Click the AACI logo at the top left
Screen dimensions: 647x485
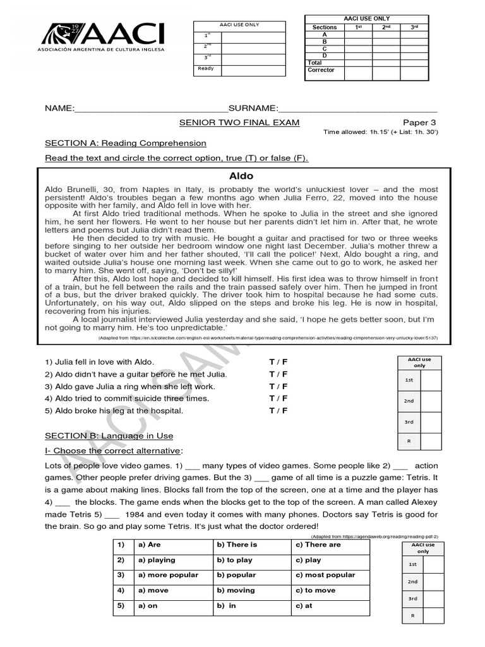tap(102, 37)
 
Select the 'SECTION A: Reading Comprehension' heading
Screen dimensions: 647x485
tap(125, 143)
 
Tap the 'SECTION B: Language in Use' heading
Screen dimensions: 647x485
tap(109, 435)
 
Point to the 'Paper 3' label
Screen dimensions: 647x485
tap(419, 122)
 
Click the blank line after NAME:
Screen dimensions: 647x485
tap(151, 109)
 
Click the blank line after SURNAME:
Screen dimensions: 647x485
tap(357, 109)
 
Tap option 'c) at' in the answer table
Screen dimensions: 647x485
tap(304, 605)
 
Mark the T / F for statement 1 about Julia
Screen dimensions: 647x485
tap(278, 362)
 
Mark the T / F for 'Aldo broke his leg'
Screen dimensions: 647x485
tap(278, 411)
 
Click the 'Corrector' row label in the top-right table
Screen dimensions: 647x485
tap(321, 70)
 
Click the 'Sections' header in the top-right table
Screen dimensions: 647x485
tap(325, 28)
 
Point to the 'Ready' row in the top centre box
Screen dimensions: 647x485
tap(206, 68)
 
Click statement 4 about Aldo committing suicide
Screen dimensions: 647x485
tap(127, 399)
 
